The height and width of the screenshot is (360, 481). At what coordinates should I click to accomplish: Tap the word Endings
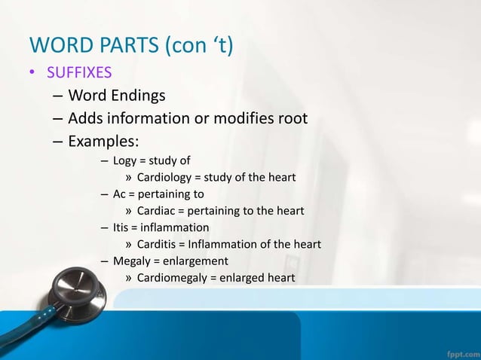[x=139, y=96]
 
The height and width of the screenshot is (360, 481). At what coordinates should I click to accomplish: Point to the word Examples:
[x=100, y=142]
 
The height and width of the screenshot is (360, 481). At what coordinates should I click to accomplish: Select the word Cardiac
[x=157, y=211]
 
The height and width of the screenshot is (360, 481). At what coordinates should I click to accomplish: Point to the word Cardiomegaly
[x=173, y=278]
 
